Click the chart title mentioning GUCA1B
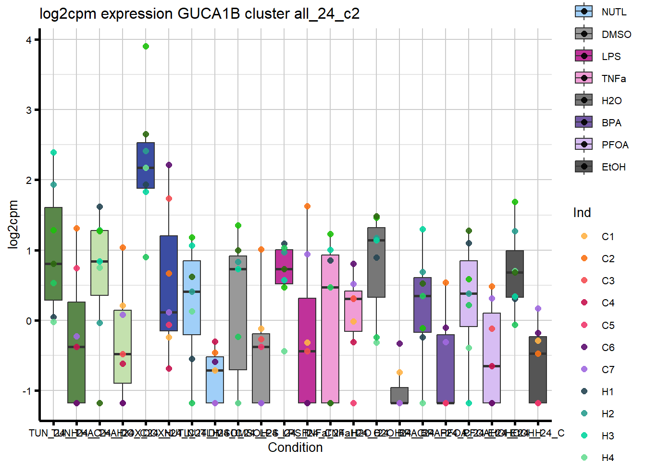click(x=199, y=13)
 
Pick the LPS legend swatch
click(x=584, y=56)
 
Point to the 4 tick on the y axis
click(x=29, y=40)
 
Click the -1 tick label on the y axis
click(x=27, y=391)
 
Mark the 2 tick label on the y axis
click(x=29, y=180)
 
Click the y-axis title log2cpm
click(x=13, y=224)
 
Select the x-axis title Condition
click(x=295, y=447)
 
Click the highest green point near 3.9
click(x=146, y=47)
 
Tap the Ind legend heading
click(x=582, y=213)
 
